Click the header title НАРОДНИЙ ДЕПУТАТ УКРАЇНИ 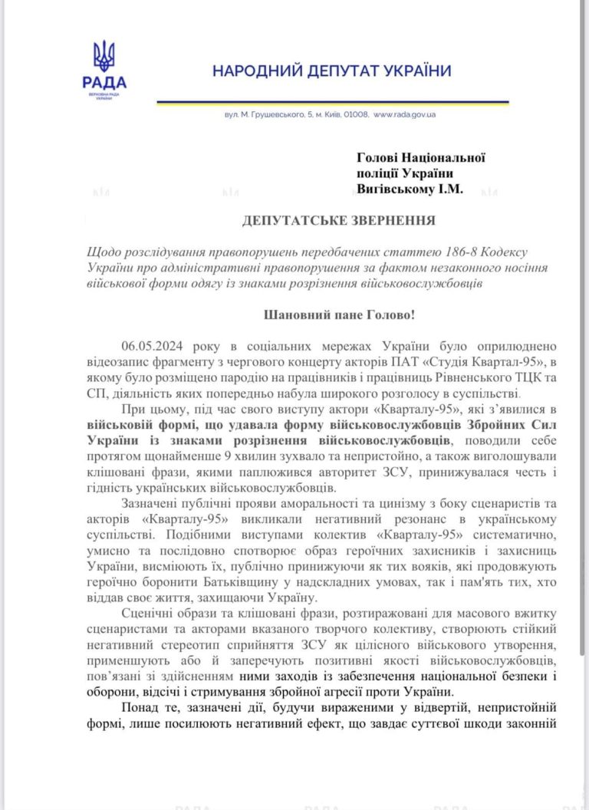point(331,71)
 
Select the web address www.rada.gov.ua point(404,114)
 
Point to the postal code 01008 point(355,114)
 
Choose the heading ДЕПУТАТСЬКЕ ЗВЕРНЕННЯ point(338,222)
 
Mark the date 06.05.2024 point(156,346)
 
